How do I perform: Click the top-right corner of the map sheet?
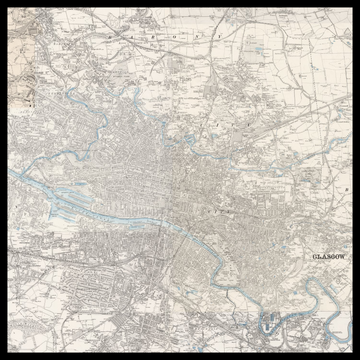pyautogui.click(x=351, y=8)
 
